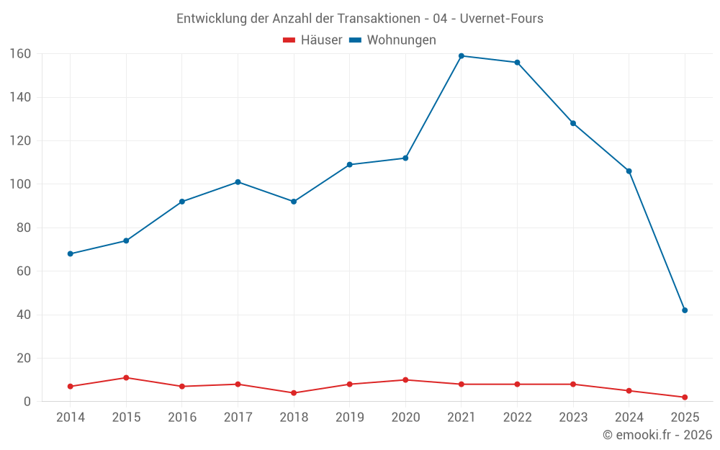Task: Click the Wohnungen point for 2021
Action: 462,56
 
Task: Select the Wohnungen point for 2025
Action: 685,310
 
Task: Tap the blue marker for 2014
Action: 71,253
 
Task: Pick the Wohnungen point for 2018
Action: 294,202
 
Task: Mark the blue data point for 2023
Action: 573,123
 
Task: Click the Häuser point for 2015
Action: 126,377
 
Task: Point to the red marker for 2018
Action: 294,393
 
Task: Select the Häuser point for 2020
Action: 405,379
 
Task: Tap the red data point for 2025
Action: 685,397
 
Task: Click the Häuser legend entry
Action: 312,40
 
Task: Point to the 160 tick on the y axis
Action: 19,53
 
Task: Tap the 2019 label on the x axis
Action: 350,418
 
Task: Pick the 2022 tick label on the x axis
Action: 517,418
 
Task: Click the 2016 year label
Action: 182,418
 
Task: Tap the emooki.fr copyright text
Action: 657,435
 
